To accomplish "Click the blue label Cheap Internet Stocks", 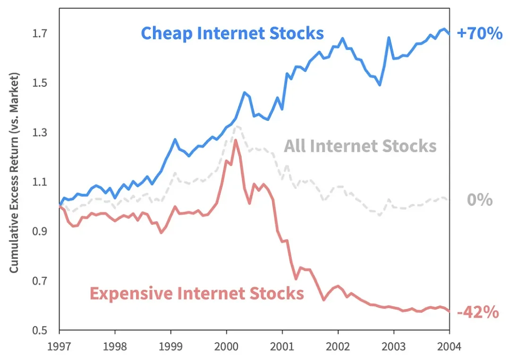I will (232, 34).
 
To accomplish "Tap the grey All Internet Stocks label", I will (360, 146).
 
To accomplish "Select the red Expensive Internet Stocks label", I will (196, 293).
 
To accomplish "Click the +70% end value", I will (479, 34).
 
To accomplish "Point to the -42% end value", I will (478, 312).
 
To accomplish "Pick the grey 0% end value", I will (480, 200).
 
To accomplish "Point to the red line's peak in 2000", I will (235, 140).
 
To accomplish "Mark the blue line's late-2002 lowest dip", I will (380, 85).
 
